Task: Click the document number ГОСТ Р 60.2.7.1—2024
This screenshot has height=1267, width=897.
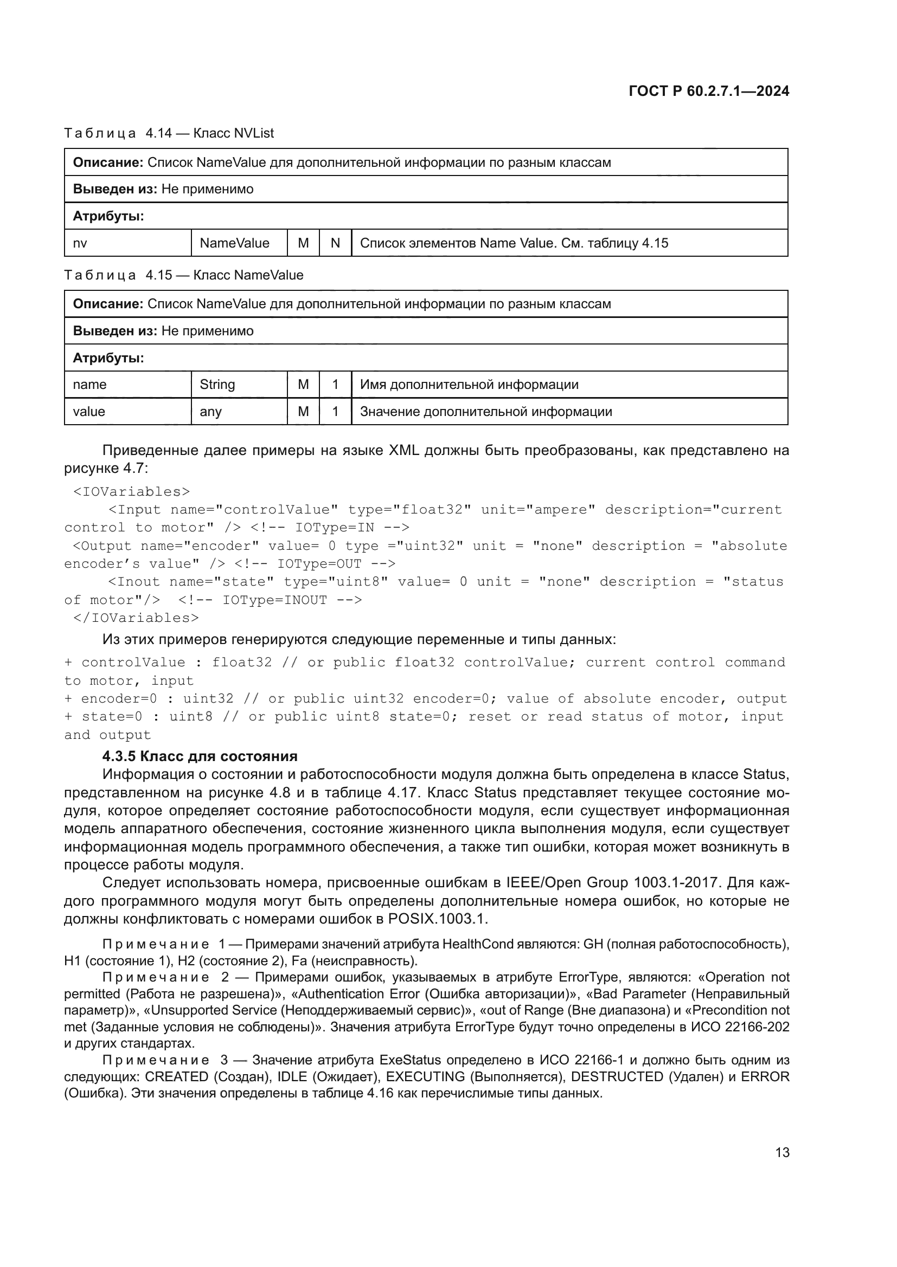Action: tap(709, 91)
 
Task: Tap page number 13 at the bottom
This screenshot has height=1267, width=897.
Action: tap(782, 1152)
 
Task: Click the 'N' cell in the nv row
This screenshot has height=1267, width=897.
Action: tap(335, 243)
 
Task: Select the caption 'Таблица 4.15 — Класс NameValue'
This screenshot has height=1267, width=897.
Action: tap(184, 275)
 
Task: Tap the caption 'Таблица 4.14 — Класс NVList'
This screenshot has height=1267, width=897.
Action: tap(169, 134)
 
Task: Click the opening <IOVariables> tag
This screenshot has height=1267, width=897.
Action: tap(131, 492)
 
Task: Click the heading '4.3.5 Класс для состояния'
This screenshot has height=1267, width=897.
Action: tap(200, 757)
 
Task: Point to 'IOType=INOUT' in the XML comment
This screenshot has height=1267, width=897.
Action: tap(274, 600)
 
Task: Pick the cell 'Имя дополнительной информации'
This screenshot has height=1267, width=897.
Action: tap(469, 385)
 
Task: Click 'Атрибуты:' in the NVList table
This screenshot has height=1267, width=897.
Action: tap(108, 216)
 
